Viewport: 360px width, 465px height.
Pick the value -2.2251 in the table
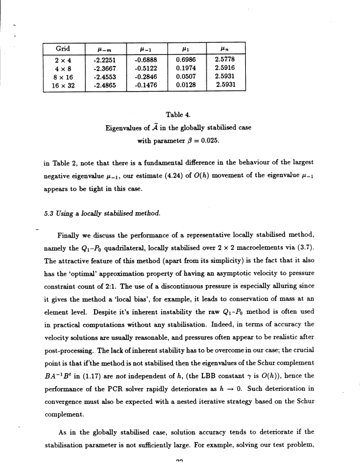[x=104, y=59]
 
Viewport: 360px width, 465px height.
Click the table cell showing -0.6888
[x=145, y=59]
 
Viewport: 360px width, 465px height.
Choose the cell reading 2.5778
[x=226, y=59]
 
